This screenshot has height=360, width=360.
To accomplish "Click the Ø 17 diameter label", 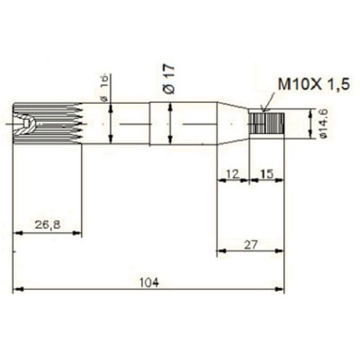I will (167, 76).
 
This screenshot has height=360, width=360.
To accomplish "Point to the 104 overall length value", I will (148, 282).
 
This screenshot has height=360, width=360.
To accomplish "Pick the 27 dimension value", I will (251, 244).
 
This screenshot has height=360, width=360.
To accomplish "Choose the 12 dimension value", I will (232, 172).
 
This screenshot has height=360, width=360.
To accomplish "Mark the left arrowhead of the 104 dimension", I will (18, 289).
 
